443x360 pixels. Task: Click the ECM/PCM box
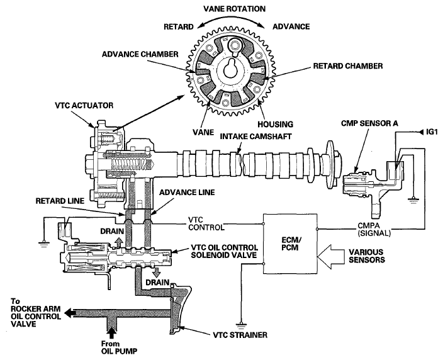coord(290,244)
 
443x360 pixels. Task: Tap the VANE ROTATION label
coord(235,9)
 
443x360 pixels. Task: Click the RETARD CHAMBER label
coord(348,66)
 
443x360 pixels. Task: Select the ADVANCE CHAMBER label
coord(140,54)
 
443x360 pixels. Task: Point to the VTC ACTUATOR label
coord(84,106)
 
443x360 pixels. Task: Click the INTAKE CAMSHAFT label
coord(255,137)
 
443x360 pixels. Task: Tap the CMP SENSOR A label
coord(369,123)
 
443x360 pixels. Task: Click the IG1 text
coord(432,132)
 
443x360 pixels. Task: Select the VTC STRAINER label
coord(240,335)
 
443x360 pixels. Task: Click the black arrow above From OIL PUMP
coord(112,333)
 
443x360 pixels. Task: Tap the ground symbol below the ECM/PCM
coord(241,325)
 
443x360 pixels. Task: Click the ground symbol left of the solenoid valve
coord(44,243)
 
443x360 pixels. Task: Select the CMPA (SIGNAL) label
coord(374,230)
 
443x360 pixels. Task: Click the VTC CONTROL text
coord(206,223)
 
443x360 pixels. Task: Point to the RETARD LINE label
coord(60,201)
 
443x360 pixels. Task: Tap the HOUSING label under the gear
coord(275,125)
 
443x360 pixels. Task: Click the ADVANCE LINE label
coord(187,193)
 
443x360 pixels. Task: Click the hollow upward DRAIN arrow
coord(119,242)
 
